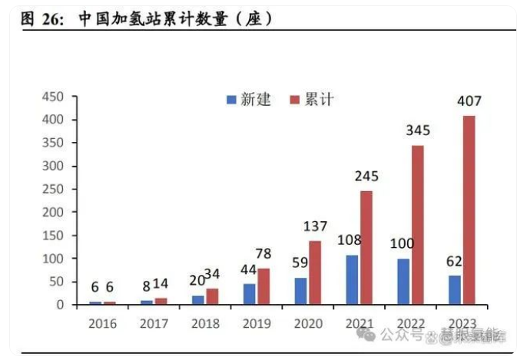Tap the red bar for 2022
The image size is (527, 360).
[418, 224]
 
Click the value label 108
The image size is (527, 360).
[350, 240]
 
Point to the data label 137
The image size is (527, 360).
[314, 226]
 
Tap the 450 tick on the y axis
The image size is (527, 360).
[52, 97]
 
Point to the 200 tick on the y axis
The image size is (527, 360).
[52, 213]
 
